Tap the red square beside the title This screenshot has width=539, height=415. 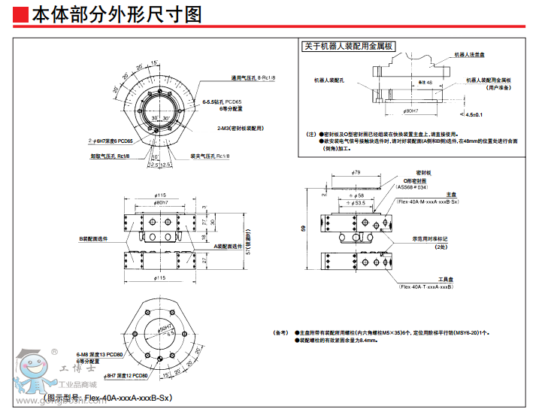(x=22, y=14)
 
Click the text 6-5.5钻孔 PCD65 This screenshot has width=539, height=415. (x=223, y=101)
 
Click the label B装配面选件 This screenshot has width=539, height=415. (x=95, y=238)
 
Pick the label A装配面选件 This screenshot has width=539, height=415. (x=229, y=246)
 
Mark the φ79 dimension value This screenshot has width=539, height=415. (x=356, y=172)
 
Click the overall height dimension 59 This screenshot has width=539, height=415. (x=303, y=229)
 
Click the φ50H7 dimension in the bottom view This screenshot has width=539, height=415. (x=165, y=328)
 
